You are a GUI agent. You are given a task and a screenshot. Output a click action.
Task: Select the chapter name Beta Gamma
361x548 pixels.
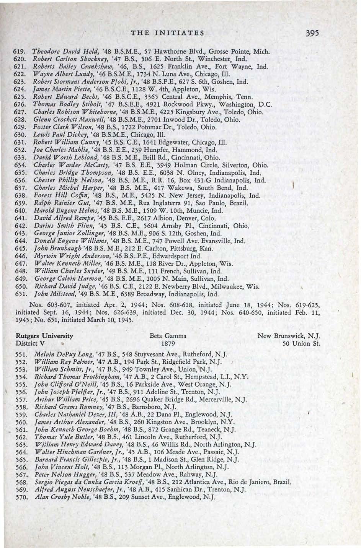(x=168, y=336)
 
